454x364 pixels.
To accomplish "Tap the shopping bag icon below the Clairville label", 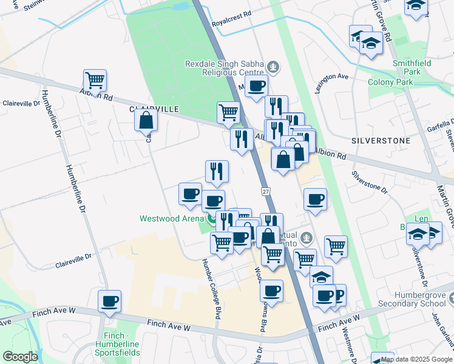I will (146, 120).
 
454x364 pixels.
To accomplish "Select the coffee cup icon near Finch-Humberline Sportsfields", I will (110, 301).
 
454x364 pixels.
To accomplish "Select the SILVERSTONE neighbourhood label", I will (381, 140).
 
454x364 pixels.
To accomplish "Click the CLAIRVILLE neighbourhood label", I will (154, 109).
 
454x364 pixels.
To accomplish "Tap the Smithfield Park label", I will (398, 66).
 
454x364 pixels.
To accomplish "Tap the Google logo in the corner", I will (20, 357).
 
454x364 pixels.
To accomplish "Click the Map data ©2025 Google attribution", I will (416, 359).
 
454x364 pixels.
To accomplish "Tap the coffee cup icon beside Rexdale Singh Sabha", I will (256, 87).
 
